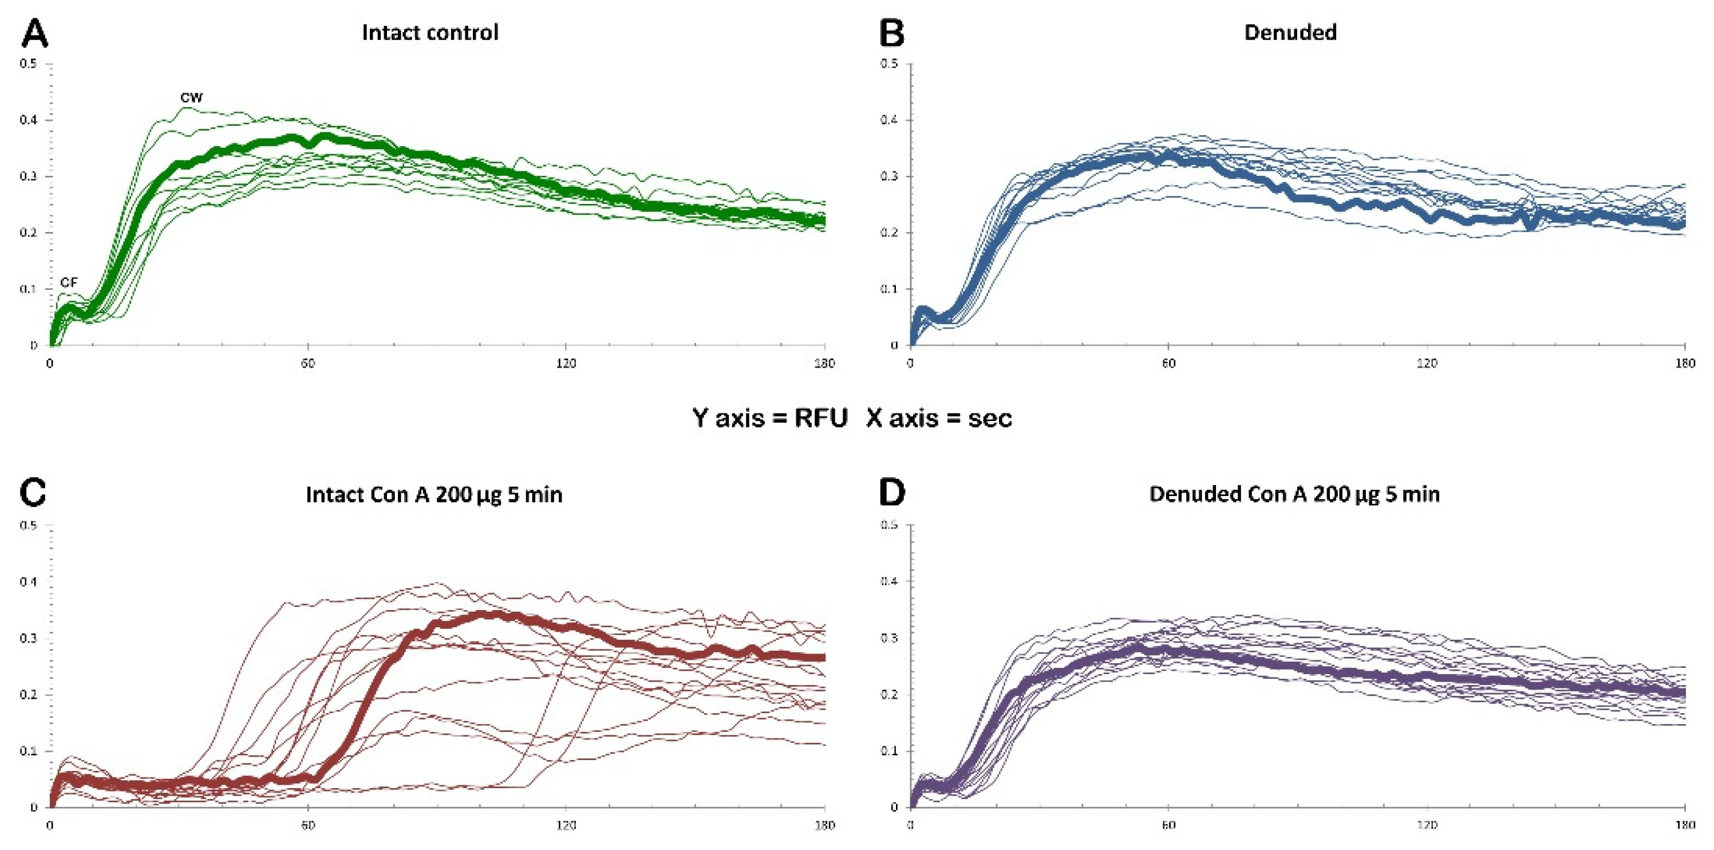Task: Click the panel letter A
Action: [34, 33]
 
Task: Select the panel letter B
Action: [891, 33]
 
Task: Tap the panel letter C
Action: [33, 493]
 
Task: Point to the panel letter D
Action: [891, 493]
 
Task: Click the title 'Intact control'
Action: [430, 33]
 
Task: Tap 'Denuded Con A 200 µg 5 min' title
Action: [1294, 494]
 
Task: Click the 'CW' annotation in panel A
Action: [191, 97]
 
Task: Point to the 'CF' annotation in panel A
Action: [69, 282]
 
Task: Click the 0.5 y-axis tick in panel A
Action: [28, 64]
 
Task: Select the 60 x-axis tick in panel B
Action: [1168, 364]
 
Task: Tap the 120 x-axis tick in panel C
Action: [566, 825]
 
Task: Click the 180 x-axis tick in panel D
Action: [1685, 825]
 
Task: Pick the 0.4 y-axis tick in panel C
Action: [28, 582]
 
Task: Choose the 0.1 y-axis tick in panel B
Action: [889, 289]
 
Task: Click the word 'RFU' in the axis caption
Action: [820, 418]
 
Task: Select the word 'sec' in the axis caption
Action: [989, 418]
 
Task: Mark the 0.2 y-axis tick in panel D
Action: [889, 694]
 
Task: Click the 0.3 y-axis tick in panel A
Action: [28, 176]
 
